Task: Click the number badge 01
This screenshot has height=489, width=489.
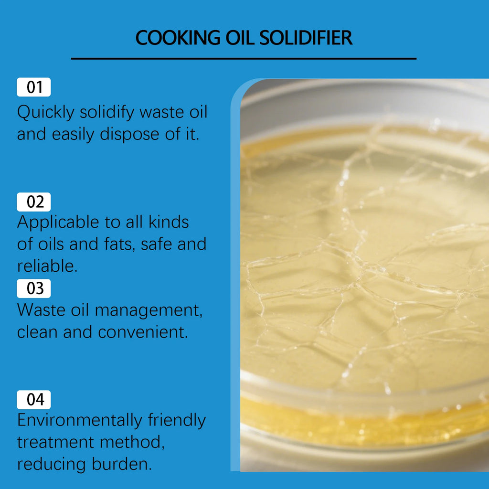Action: coord(34,87)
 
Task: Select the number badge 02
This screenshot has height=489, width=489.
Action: coord(34,202)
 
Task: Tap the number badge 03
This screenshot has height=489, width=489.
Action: coord(34,288)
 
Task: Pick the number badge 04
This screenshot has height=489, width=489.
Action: coord(34,400)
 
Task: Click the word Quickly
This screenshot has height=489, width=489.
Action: coord(46,113)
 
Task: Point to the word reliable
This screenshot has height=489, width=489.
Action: coord(47,266)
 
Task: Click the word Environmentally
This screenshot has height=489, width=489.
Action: coord(79,421)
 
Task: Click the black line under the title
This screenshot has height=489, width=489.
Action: coord(244,59)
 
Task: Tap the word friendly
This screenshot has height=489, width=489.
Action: coord(177,421)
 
